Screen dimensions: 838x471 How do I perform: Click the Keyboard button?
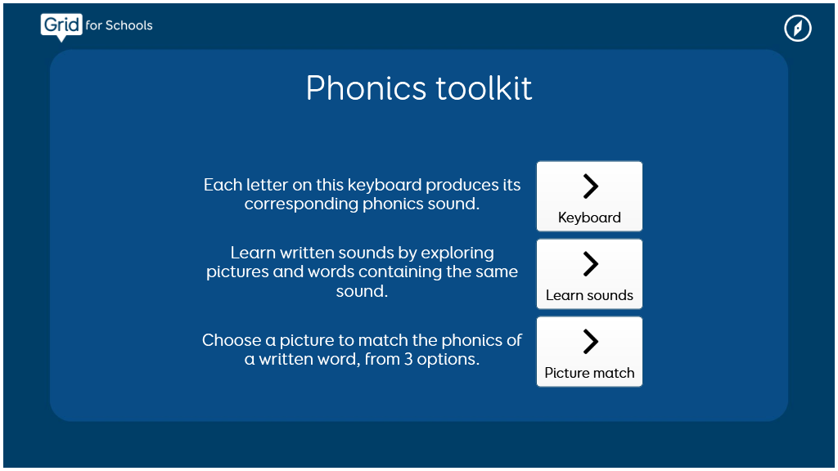pos(589,196)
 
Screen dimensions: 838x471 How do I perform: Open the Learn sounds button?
pos(589,274)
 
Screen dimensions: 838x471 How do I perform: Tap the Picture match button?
pos(589,352)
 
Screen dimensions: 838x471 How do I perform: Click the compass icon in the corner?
pos(798,28)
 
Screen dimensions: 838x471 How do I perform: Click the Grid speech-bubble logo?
pos(61,26)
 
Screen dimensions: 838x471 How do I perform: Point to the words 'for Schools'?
pos(119,25)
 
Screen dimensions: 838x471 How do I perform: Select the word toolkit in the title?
pos(484,88)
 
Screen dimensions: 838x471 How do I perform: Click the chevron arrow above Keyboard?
pos(590,186)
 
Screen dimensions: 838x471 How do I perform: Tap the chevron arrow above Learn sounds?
pos(590,264)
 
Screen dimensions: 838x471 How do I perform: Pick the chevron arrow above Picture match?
pos(590,342)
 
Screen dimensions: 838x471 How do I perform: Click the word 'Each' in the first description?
pos(219,185)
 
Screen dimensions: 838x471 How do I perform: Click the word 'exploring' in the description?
pos(457,253)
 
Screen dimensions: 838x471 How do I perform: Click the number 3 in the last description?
pos(408,360)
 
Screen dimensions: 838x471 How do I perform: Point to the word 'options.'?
pos(448,360)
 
